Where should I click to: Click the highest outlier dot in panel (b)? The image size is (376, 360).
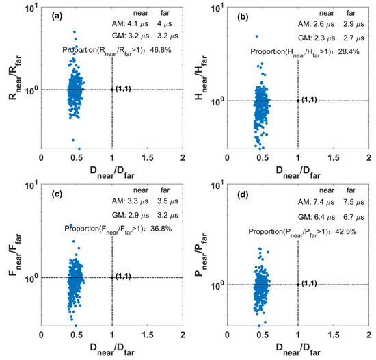[x=257, y=36]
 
